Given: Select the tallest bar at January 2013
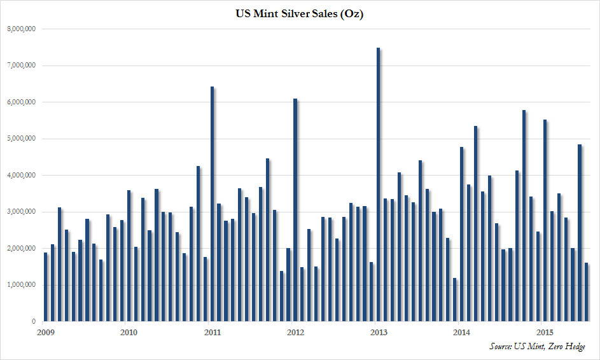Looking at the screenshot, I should point(378,184).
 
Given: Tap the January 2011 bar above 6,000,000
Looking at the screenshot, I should point(213,204).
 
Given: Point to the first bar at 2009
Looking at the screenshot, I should point(46,287).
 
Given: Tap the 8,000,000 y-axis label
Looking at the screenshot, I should point(23,29).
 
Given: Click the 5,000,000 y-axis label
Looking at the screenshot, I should point(23,139).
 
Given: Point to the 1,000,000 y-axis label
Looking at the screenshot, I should point(23,285).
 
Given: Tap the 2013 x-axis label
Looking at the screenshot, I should point(378,332).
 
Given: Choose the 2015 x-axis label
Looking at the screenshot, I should point(545,332).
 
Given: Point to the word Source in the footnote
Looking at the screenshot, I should point(501,347).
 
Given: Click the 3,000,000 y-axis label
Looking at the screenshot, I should point(23,212).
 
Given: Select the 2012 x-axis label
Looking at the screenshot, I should point(295,332).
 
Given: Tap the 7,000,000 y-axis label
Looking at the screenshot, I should point(23,66).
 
